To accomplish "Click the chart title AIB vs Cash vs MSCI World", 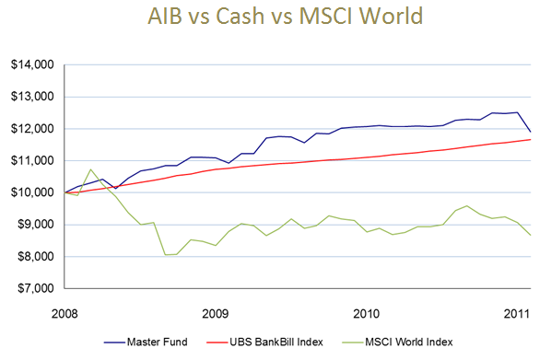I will (x=275, y=18).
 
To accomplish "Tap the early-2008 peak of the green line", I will (x=90, y=169).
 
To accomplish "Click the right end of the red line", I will (x=531, y=139).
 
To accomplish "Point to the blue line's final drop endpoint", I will (x=531, y=132).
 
